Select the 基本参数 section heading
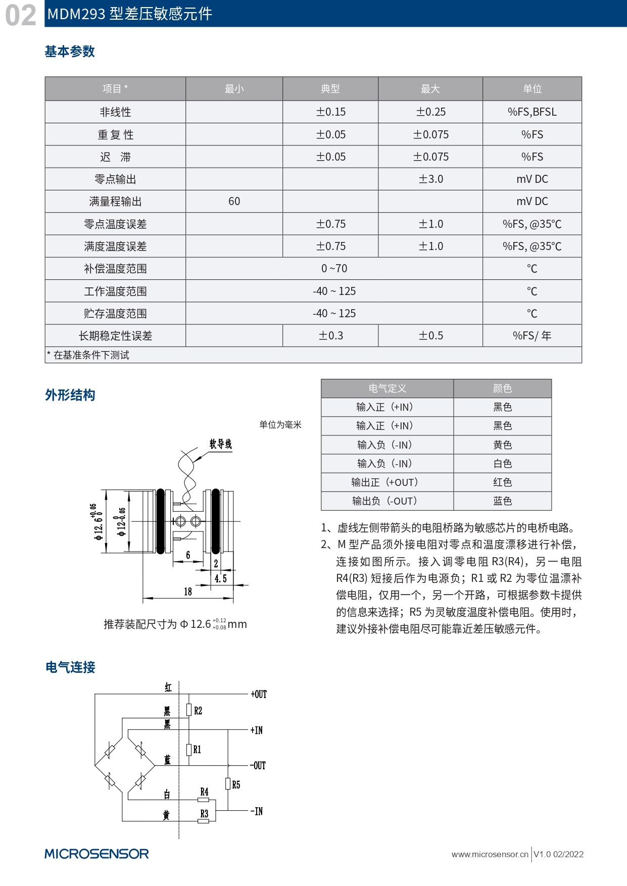point(70,52)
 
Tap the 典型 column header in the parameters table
point(330,89)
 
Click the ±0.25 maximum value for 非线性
point(430,112)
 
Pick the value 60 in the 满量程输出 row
point(234,202)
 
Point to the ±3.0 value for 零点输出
point(430,179)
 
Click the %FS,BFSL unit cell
point(532,112)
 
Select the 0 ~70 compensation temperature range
point(334,269)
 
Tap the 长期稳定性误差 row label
point(115,336)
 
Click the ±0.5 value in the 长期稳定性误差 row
point(430,336)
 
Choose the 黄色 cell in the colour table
point(502,445)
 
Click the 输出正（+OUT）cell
point(387,482)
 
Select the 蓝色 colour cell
point(502,501)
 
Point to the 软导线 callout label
point(220,444)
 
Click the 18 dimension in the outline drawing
point(188,592)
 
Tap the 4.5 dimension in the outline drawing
point(221,578)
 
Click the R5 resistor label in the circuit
point(236,785)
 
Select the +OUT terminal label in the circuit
point(259,695)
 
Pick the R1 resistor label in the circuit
point(197,750)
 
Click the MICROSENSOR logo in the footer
point(97,854)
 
